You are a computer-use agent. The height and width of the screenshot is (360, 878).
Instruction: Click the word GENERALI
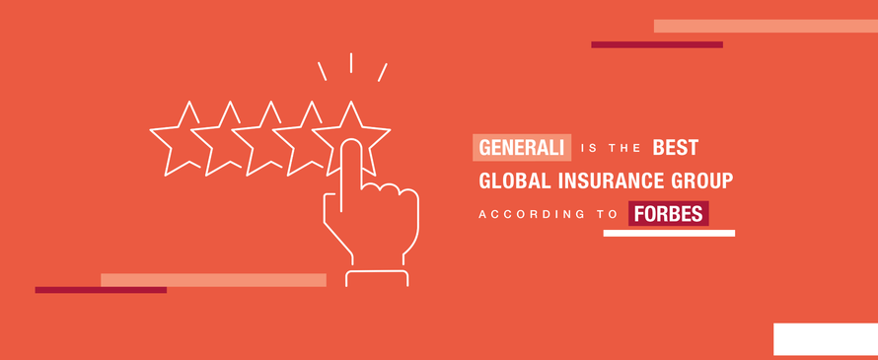(522, 148)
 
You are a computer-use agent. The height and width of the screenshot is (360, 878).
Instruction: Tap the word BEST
(676, 148)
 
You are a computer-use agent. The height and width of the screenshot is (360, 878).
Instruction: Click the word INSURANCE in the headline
(609, 181)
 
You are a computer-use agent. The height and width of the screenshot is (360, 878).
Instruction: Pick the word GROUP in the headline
(702, 181)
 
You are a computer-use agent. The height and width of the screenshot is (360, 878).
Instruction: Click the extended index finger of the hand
(351, 168)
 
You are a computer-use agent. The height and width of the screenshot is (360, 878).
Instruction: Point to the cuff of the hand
(376, 278)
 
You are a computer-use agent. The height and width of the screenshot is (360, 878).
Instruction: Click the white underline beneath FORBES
(669, 234)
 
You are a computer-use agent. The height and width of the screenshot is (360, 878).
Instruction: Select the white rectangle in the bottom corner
(825, 338)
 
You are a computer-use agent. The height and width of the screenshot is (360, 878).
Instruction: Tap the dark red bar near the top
(656, 44)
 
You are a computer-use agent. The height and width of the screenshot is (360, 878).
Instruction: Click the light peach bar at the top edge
(765, 26)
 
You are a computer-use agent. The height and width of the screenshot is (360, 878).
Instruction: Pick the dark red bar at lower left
(100, 290)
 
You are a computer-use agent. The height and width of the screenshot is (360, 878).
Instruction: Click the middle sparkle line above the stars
(351, 62)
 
